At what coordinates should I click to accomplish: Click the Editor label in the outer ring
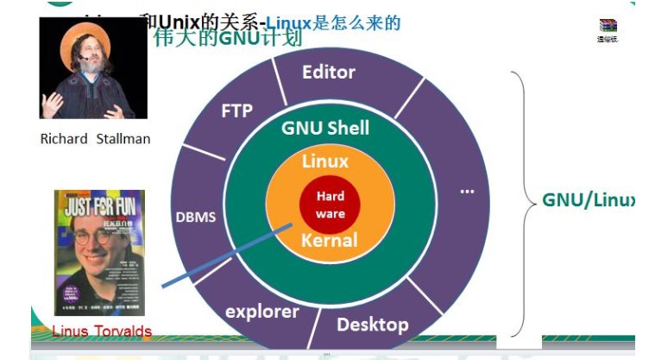329,72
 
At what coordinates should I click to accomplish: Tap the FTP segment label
236,111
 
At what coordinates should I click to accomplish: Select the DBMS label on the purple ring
195,217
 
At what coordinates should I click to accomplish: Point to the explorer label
262,312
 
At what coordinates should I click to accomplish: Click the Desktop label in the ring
372,325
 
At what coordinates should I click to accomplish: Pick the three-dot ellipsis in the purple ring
467,191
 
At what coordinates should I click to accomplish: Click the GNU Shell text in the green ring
325,129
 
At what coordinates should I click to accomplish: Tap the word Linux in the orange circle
325,161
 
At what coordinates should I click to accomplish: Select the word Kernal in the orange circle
329,241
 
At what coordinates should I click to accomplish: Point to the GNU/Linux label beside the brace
588,199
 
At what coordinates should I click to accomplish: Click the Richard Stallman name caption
95,138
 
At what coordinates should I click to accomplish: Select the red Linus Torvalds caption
102,331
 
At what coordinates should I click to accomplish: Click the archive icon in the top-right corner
608,27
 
